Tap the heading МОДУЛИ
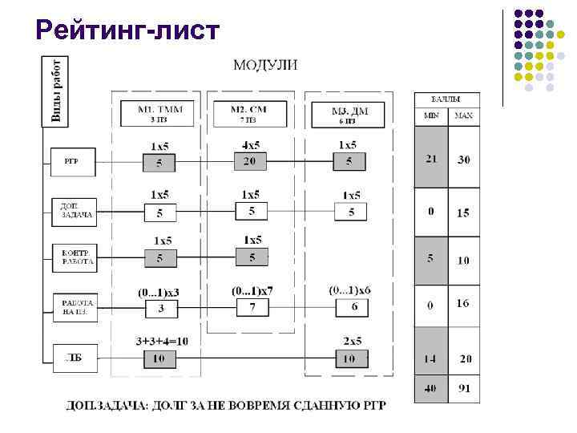click(x=264, y=65)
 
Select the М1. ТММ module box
click(x=158, y=114)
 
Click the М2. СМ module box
click(x=249, y=114)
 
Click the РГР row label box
click(x=72, y=160)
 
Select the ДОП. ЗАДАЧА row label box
click(x=77, y=210)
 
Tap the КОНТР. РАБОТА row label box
click(x=78, y=257)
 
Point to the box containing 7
click(x=252, y=307)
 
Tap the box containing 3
click(x=159, y=308)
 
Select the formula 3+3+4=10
click(x=162, y=341)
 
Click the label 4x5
click(x=251, y=145)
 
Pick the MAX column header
click(x=463, y=115)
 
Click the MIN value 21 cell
click(x=431, y=159)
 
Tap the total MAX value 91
click(x=463, y=390)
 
